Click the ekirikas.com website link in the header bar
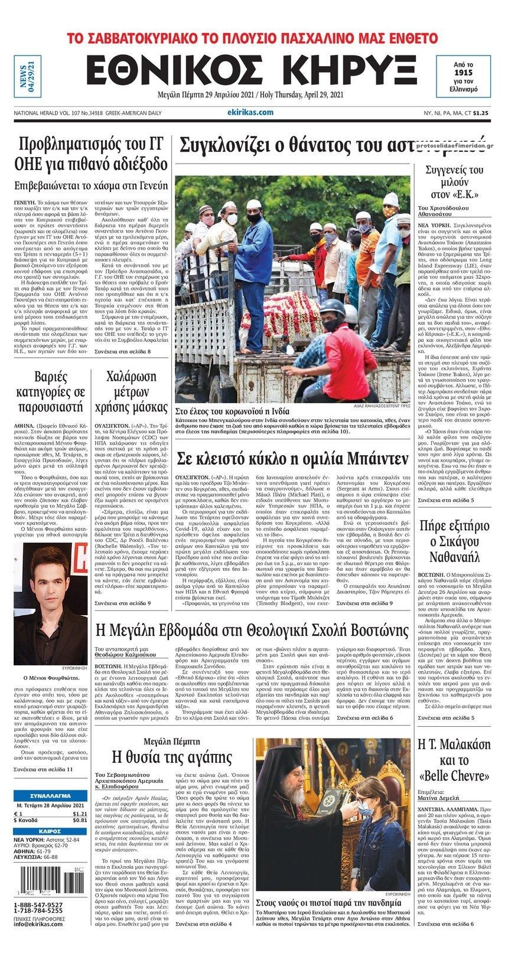click(x=249, y=112)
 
